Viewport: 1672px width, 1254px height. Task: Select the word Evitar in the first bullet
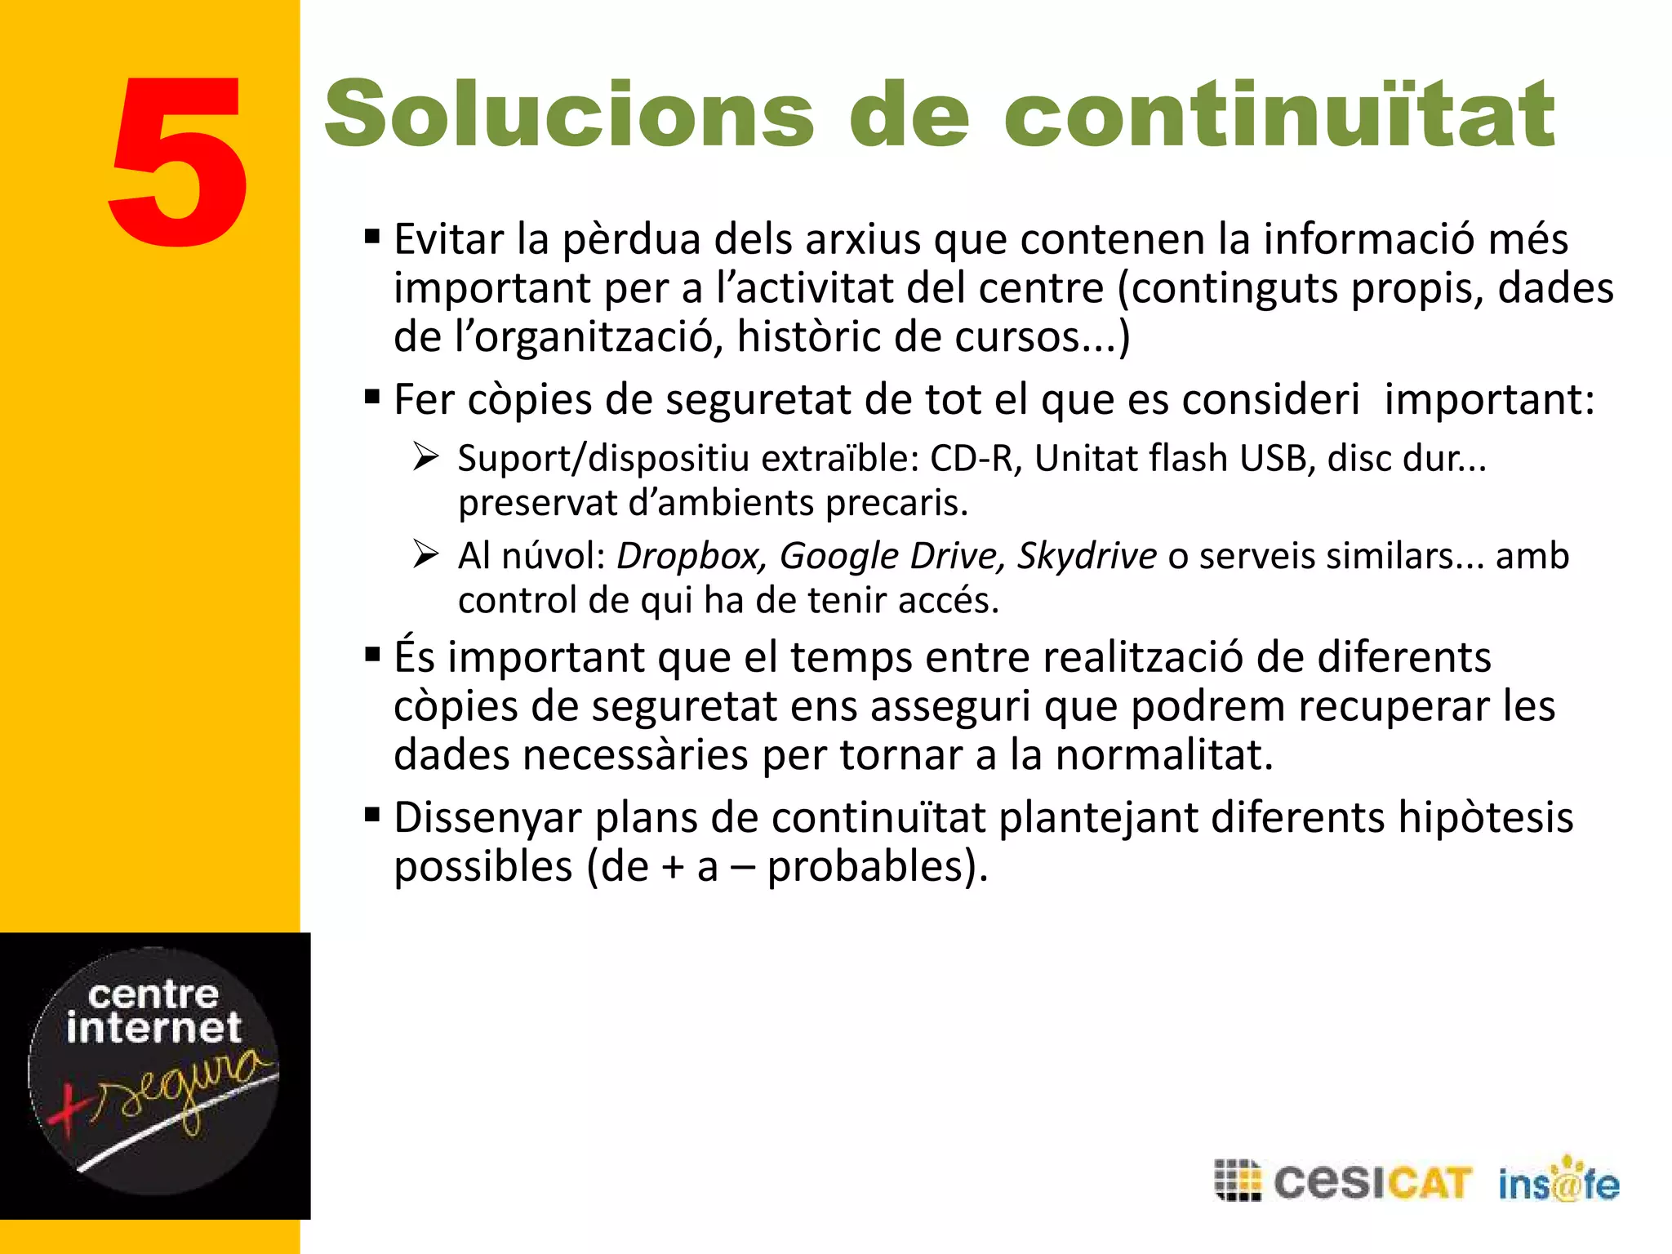449,240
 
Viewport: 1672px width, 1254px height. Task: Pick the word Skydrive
1087,557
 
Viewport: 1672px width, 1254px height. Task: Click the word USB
1276,459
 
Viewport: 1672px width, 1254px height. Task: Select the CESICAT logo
1343,1181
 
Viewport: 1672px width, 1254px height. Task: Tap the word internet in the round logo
153,1027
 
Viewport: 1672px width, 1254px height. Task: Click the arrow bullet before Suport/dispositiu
426,457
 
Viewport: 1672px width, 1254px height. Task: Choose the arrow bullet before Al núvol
426,555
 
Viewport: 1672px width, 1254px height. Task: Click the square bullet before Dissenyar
373,815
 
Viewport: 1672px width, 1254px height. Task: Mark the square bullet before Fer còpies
373,398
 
